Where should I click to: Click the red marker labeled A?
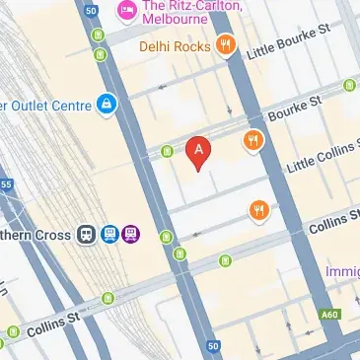[199, 152]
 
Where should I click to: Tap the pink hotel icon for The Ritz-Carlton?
[126, 12]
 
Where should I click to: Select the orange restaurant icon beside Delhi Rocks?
[227, 43]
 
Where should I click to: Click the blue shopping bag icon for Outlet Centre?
[106, 104]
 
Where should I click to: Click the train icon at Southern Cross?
[87, 235]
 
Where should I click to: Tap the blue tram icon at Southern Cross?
[109, 235]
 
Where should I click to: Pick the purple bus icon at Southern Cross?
[131, 235]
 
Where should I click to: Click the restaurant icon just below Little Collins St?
[259, 209]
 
